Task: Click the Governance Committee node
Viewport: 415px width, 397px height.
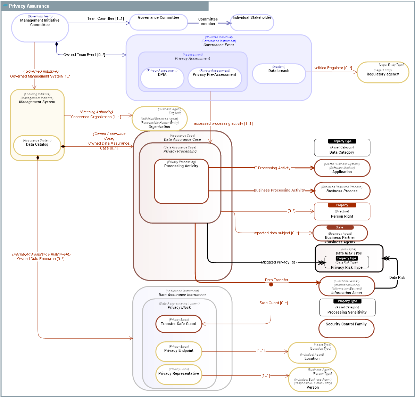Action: coord(158,22)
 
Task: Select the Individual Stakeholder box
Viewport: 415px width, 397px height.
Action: coord(252,23)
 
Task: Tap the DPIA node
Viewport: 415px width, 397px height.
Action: coord(162,78)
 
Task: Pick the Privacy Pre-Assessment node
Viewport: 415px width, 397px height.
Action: coord(215,78)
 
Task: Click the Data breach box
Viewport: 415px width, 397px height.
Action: coord(279,73)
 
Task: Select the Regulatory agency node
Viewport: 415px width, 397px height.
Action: coord(383,72)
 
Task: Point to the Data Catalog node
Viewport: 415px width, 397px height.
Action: coord(37,145)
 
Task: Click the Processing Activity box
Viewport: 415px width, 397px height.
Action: coord(181,181)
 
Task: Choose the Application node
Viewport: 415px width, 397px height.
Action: coord(342,168)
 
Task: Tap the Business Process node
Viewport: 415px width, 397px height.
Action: coord(342,191)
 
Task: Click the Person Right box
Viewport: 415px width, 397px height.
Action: coord(342,212)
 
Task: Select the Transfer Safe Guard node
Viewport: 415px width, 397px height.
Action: coord(179,324)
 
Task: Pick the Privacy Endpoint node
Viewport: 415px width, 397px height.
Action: coord(179,351)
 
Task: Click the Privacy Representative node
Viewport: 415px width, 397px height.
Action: coord(179,374)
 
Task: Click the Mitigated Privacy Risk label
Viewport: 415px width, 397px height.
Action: coord(279,262)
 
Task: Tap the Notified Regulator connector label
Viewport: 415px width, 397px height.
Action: coord(332,68)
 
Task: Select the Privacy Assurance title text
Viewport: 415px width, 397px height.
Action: coord(29,6)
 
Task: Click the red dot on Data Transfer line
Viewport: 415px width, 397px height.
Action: coord(271,284)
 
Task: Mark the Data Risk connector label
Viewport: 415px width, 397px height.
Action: coord(397,277)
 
